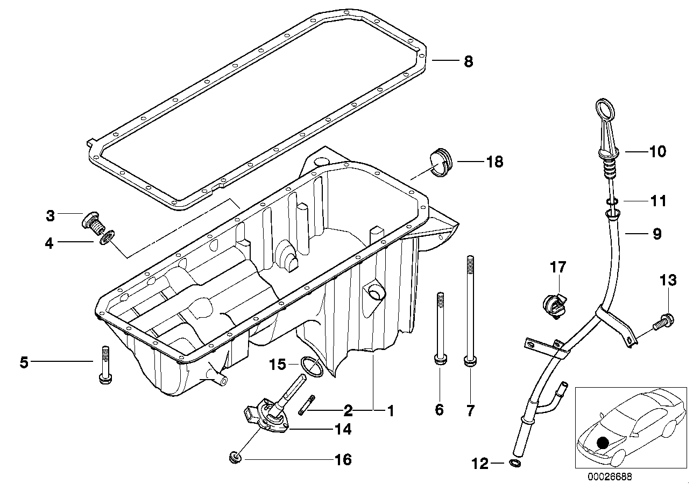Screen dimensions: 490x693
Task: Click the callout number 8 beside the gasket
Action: tap(468, 61)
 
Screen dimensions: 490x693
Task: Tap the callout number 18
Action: tap(494, 161)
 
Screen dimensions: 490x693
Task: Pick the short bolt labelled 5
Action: tap(104, 365)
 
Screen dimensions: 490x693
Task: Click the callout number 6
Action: tap(440, 410)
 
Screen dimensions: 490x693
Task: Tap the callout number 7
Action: tap(470, 411)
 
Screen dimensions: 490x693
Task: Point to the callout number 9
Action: tap(657, 234)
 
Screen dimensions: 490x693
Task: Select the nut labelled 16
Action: tap(235, 459)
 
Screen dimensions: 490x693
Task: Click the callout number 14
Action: tap(343, 429)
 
